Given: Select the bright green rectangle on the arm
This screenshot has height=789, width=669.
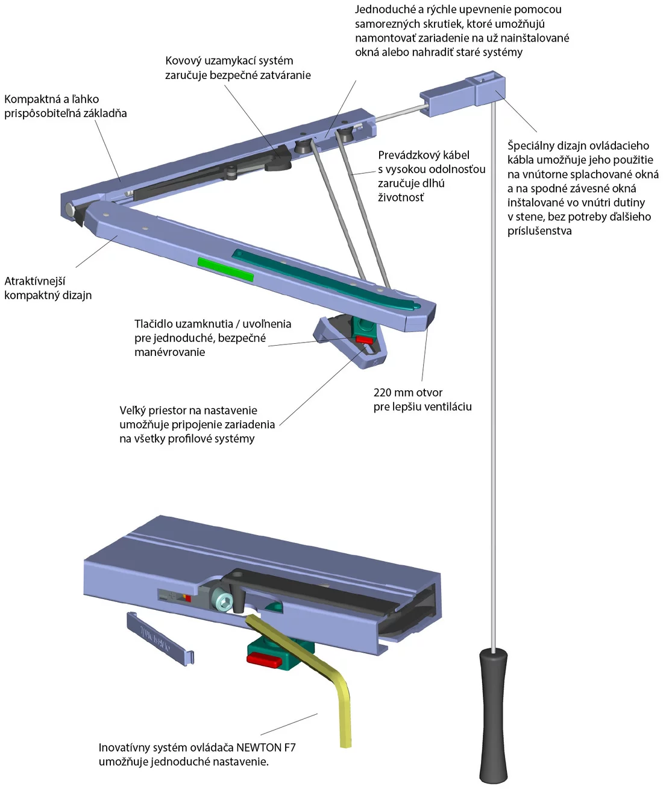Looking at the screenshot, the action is click(225, 269).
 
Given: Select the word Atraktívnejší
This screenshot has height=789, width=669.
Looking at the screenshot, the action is click(35, 281).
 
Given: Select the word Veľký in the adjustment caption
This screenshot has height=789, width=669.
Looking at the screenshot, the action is click(133, 410).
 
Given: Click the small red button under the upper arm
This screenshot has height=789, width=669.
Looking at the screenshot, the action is click(364, 340).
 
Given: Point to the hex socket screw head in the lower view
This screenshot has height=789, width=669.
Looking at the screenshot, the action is click(223, 603).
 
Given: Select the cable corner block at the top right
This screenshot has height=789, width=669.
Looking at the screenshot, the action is click(463, 93).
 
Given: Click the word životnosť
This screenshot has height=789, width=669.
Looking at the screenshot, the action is click(400, 197).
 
